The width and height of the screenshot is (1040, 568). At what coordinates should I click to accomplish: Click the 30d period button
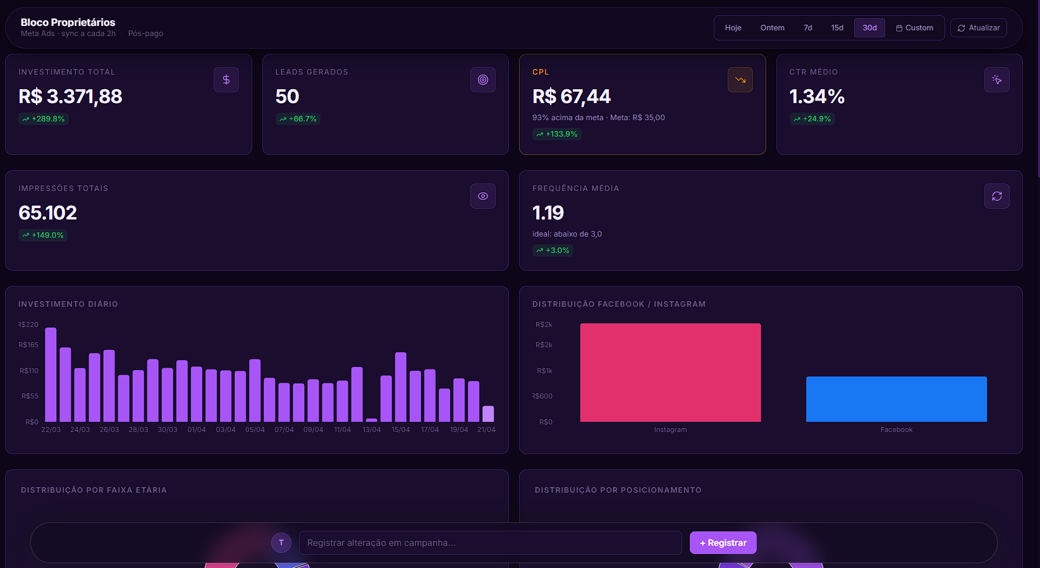[869, 28]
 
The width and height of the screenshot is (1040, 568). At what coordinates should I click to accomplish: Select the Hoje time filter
[733, 28]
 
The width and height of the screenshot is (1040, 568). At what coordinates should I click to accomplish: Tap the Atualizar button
[978, 28]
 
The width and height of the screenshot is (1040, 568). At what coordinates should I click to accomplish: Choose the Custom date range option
[914, 28]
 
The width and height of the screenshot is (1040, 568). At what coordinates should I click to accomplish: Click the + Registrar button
[723, 543]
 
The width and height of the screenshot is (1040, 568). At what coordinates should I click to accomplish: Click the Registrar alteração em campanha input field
[490, 543]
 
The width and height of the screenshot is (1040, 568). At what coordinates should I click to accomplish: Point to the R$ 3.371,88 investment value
[70, 96]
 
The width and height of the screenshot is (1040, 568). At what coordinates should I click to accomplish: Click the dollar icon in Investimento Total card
[226, 80]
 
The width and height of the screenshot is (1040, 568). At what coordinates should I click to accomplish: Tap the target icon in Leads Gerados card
[483, 80]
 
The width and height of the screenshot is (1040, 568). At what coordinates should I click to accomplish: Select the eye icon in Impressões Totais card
[483, 196]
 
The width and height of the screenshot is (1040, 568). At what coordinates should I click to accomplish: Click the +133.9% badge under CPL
[556, 134]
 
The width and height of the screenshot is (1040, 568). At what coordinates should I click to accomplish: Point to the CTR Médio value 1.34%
[817, 96]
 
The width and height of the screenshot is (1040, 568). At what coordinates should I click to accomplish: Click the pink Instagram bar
[670, 373]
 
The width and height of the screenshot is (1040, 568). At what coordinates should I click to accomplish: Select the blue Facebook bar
[896, 399]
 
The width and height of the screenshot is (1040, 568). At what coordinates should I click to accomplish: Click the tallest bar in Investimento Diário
[51, 374]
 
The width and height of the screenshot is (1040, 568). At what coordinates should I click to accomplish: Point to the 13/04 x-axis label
[372, 429]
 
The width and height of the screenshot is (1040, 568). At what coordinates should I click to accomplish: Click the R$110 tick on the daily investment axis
[29, 371]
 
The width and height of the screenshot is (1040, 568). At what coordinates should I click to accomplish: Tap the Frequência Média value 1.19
[548, 213]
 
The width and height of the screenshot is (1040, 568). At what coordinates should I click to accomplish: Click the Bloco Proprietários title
[68, 22]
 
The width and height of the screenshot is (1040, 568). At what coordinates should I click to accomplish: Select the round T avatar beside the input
[281, 543]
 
